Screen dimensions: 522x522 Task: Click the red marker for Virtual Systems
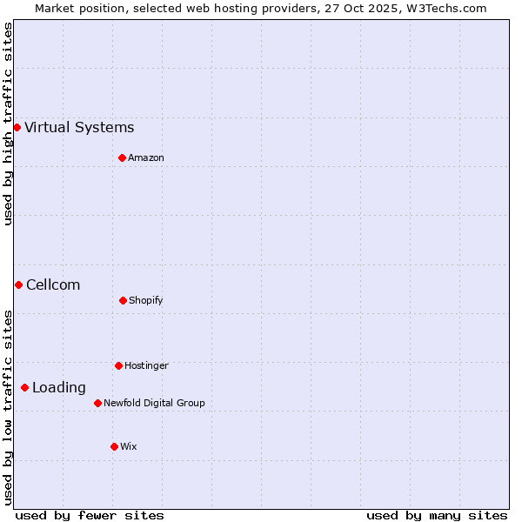(17, 127)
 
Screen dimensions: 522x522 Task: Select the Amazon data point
(122, 157)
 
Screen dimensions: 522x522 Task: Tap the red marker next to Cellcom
(18, 284)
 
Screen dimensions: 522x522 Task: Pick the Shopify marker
(123, 300)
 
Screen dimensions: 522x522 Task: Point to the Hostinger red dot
(118, 365)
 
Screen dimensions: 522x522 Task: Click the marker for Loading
(24, 387)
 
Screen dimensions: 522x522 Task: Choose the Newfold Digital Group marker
(97, 403)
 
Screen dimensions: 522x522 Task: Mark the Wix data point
(114, 446)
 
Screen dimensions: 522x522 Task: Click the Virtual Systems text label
(79, 127)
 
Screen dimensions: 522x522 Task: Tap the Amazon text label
(146, 157)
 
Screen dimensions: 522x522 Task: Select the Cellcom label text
(53, 284)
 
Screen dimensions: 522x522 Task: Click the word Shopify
(146, 300)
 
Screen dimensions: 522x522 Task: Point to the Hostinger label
(146, 365)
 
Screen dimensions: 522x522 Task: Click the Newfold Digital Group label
(154, 403)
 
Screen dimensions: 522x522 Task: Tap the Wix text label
(129, 446)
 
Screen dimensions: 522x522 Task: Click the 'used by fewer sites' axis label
(90, 515)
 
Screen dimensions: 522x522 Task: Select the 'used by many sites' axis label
(437, 515)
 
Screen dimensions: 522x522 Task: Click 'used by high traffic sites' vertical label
(8, 124)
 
